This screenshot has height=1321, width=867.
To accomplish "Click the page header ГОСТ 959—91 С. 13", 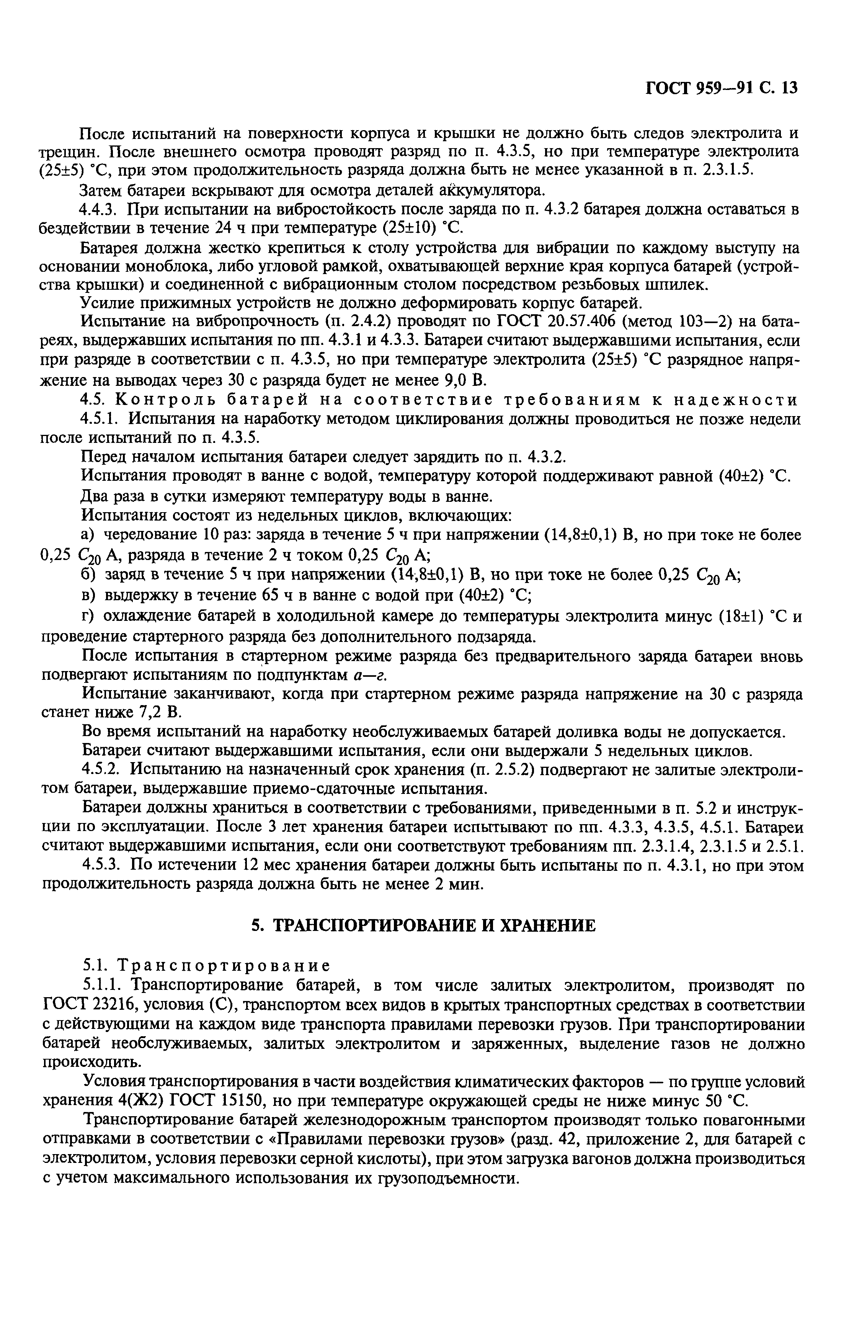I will [721, 89].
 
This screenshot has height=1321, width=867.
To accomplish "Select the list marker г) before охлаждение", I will [89, 617].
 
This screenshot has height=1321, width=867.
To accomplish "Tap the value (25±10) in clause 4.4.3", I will [404, 228].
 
